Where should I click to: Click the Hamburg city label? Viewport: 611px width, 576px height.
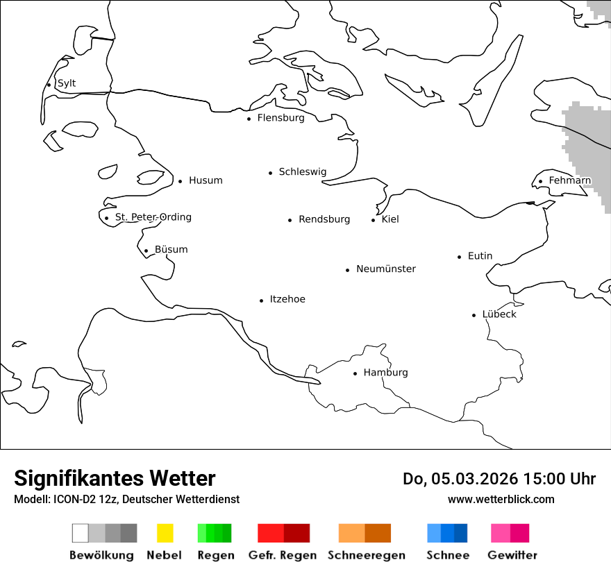coord(385,373)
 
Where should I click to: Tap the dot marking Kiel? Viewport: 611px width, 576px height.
coord(374,220)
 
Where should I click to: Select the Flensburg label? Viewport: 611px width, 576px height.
coord(281,118)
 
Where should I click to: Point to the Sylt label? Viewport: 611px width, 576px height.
coord(67,83)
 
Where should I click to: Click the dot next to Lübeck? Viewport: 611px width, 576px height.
coord(474,315)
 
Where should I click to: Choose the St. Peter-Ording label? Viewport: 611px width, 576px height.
coord(153,217)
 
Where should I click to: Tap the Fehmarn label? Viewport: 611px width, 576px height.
coord(569,180)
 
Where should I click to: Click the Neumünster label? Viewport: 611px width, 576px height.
coord(386,269)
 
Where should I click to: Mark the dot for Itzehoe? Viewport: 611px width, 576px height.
coord(262,300)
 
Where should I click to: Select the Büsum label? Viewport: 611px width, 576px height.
coord(171,249)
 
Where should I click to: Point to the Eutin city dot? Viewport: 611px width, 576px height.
coord(460,257)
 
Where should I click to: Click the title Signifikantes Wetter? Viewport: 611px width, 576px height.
coord(115,478)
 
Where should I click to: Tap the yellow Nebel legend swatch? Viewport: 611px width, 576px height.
coord(165,533)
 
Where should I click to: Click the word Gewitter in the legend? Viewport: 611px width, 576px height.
coord(512,555)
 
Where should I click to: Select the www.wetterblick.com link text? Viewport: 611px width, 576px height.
coord(501,499)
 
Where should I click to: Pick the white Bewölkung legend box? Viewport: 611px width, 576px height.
coord(81,533)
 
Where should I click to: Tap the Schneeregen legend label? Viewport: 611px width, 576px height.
coord(367,555)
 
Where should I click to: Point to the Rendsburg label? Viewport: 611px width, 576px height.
coord(324,219)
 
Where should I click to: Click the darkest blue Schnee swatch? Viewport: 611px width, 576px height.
coord(461,533)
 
